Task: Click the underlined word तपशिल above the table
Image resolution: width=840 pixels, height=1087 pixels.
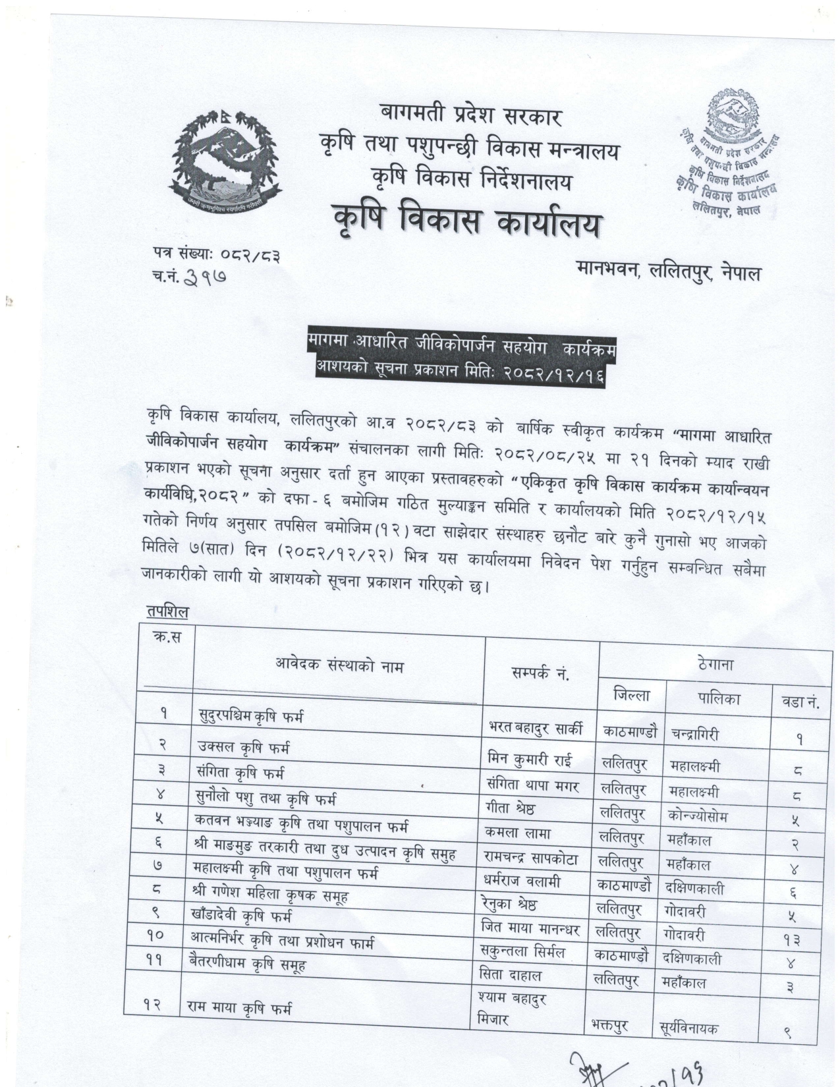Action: (x=167, y=612)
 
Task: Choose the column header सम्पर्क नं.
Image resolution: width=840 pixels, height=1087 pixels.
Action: (x=540, y=674)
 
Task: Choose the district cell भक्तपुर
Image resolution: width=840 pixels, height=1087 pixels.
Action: (x=609, y=1026)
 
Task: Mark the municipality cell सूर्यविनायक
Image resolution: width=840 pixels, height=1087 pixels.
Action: (x=688, y=1028)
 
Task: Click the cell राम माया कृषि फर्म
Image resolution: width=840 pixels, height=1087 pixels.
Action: (x=238, y=1009)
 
